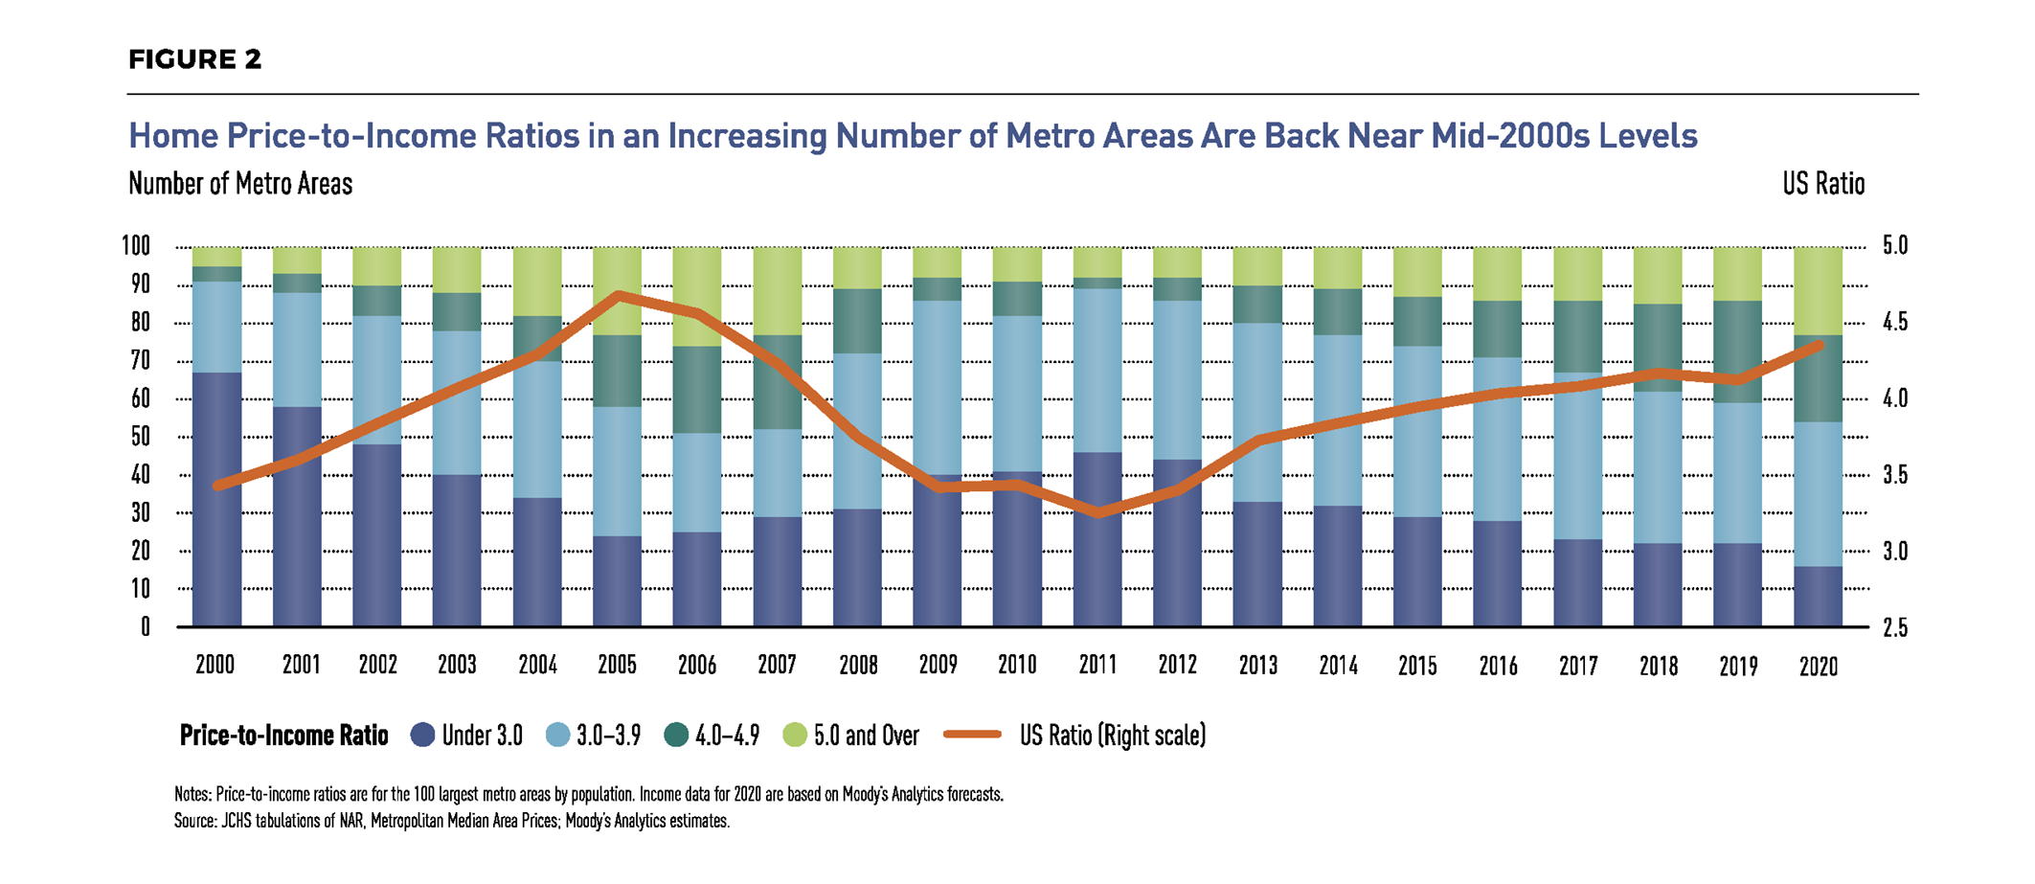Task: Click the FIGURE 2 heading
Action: (x=194, y=59)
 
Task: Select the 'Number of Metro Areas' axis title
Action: (x=240, y=184)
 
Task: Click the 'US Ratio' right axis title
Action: (x=1822, y=184)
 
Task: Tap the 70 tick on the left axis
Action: (x=140, y=361)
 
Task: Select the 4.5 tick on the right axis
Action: (x=1894, y=323)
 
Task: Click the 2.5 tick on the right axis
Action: (x=1894, y=628)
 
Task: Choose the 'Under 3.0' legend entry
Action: (x=467, y=736)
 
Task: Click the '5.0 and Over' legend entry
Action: (x=851, y=736)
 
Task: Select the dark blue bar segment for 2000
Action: (x=217, y=498)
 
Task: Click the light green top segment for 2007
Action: (x=777, y=290)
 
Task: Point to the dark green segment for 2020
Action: (x=1818, y=378)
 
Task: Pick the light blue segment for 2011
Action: (x=1097, y=370)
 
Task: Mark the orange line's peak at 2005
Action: (x=619, y=295)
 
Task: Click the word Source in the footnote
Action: (x=194, y=821)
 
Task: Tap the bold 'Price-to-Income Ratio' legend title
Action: (x=283, y=736)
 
